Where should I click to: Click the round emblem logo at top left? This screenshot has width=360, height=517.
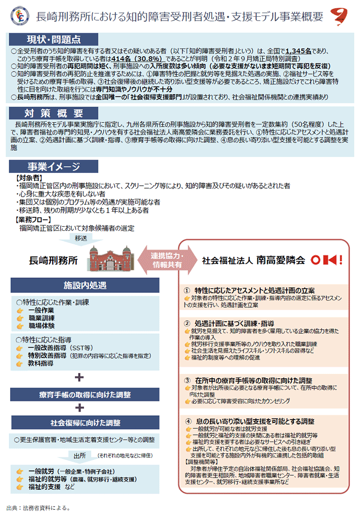(x=21, y=16)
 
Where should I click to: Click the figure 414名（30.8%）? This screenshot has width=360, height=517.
(x=132, y=59)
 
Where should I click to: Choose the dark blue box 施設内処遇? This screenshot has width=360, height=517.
(x=85, y=286)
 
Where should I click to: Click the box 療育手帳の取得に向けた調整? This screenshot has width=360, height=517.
(x=85, y=395)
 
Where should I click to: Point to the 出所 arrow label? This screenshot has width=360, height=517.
(x=80, y=455)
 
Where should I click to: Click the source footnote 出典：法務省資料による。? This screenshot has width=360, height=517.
(x=38, y=507)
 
